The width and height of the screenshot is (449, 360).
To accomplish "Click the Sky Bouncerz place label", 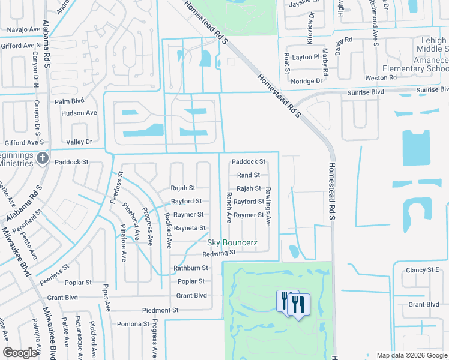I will pyautogui.click(x=232, y=242).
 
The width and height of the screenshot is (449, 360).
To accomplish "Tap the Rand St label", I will pyautogui.click(x=248, y=175).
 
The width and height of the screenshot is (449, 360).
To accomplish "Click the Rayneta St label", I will pyautogui.click(x=189, y=228).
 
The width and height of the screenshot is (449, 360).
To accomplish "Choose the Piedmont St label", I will pyautogui.click(x=160, y=310).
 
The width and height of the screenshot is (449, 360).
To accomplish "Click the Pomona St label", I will pyautogui.click(x=132, y=324).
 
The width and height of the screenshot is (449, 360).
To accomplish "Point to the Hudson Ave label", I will pyautogui.click(x=79, y=113).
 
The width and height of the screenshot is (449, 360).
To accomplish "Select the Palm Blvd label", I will pyautogui.click(x=70, y=100).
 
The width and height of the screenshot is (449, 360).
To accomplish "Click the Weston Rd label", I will pyautogui.click(x=381, y=77).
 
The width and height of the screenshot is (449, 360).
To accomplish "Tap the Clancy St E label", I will pyautogui.click(x=423, y=271).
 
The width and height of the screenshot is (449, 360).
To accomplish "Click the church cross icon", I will pyautogui.click(x=42, y=158).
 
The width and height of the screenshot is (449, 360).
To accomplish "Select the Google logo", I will pyautogui.click(x=20, y=353).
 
